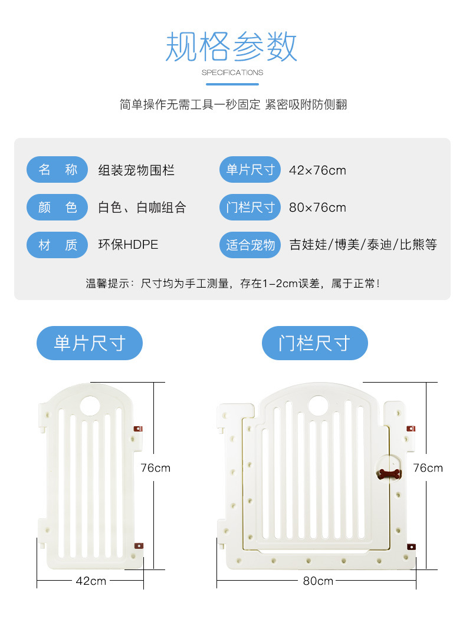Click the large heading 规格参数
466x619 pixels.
coord(232,47)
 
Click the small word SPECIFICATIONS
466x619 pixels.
coord(232,73)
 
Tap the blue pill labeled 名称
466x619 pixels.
coord(57,170)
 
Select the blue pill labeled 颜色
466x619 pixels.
coord(57,208)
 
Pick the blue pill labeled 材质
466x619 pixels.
coord(57,245)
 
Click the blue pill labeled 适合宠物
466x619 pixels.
coord(250,245)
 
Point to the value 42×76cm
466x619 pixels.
coord(317,171)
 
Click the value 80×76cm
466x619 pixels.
coord(317,208)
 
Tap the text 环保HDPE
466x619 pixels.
coord(128,245)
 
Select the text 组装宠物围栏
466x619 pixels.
coord(136,171)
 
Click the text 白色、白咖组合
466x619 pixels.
coord(142,208)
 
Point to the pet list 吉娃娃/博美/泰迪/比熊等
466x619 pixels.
coord(363,245)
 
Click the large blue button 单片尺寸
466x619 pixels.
coord(90,343)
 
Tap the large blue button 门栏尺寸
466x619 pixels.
coord(314,343)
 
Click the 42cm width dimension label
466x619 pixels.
coord(91,581)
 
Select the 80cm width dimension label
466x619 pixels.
coord(318,581)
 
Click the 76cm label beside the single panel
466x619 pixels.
coord(155,467)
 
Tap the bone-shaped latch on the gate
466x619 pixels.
coord(389,473)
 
